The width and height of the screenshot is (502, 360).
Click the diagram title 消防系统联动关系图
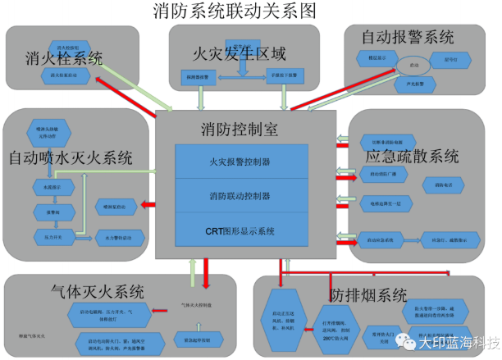click(x=235, y=11)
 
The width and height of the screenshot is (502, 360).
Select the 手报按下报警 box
click(x=286, y=77)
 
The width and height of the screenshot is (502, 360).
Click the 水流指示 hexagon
click(x=44, y=189)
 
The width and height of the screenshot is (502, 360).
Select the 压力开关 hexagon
click(x=44, y=236)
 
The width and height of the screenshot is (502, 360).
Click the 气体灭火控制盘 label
click(x=196, y=305)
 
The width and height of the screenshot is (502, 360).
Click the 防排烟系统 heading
click(x=368, y=294)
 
